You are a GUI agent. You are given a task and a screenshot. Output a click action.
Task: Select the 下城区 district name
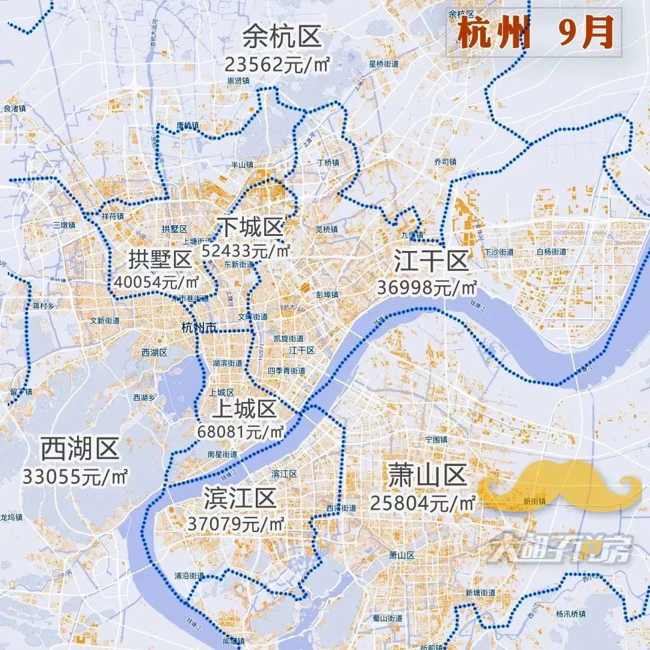(250, 227)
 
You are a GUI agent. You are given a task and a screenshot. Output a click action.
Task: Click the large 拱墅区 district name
(159, 260)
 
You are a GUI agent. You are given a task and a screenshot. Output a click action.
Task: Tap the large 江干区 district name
(431, 262)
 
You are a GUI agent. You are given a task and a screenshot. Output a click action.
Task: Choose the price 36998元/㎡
(427, 288)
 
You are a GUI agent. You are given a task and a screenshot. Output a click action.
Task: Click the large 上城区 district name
(244, 409)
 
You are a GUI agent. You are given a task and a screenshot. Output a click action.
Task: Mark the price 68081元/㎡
(241, 432)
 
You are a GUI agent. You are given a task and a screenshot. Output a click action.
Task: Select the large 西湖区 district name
(80, 449)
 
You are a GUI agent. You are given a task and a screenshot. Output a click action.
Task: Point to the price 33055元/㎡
(76, 477)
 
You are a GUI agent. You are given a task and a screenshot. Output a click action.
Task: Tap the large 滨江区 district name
(240, 498)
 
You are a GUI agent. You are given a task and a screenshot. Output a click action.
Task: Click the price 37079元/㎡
(236, 524)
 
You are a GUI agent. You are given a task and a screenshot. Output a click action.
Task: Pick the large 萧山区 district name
(427, 475)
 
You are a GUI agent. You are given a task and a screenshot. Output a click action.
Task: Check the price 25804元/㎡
(423, 502)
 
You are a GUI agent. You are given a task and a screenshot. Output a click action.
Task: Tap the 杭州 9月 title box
(533, 34)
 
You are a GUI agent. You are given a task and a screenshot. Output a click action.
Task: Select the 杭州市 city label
(198, 327)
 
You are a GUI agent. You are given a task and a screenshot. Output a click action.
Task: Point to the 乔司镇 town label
(445, 162)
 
